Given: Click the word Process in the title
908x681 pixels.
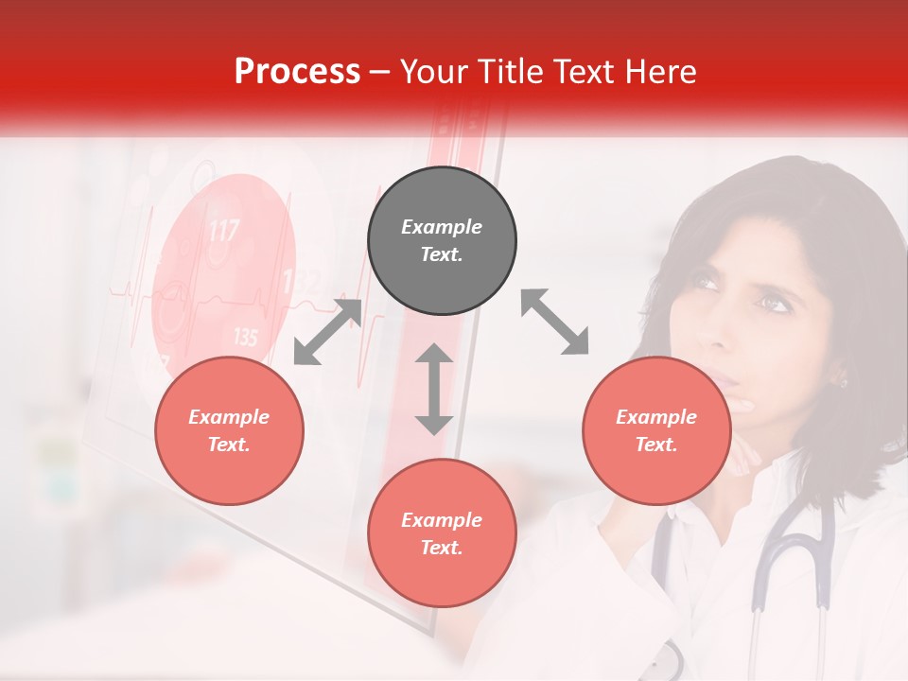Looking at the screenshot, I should tap(297, 72).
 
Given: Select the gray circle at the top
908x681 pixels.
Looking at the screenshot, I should tap(442, 241).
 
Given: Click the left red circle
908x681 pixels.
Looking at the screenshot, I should tap(229, 430).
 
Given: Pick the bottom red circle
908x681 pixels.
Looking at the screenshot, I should tap(442, 533).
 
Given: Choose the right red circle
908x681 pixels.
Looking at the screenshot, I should tap(656, 430).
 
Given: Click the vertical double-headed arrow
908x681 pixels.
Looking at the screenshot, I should tap(434, 389).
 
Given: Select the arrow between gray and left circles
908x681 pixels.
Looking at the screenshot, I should tap(327, 332).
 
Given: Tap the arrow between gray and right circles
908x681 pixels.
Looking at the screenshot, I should tap(554, 323).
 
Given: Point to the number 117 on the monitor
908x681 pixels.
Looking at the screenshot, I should tap(223, 230).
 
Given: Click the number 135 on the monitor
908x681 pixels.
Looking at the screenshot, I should tap(245, 337).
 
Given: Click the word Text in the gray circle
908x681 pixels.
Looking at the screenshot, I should tap(441, 254).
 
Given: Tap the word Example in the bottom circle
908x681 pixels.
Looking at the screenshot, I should tap(442, 520).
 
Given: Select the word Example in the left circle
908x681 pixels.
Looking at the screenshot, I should tap(229, 417).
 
